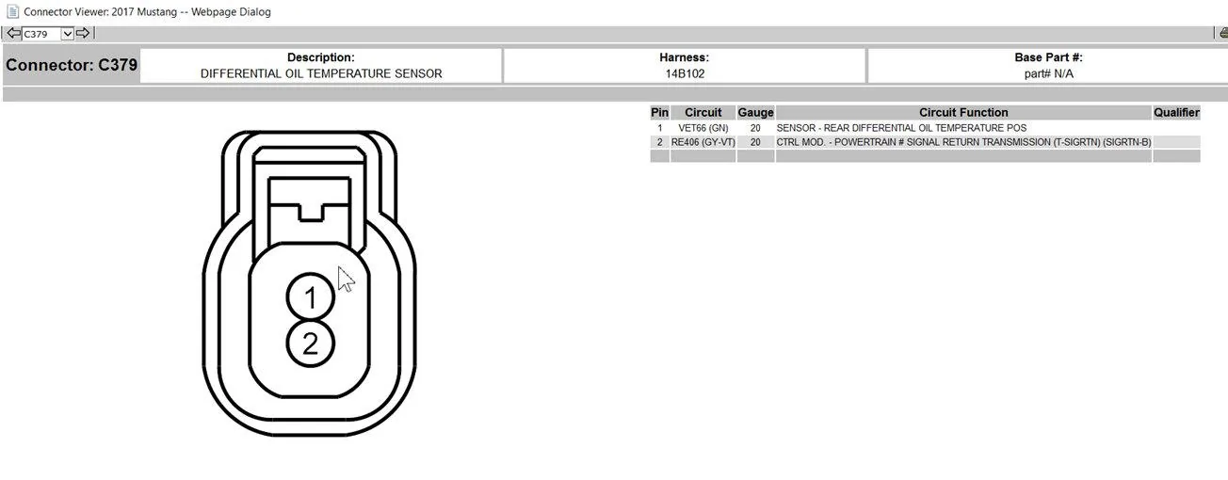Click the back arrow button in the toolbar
(x=13, y=34)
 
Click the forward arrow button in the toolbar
(x=83, y=34)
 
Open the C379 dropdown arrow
(x=67, y=34)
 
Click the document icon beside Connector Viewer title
(x=12, y=11)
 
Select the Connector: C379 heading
(x=72, y=65)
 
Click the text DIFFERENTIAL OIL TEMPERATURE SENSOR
(x=321, y=73)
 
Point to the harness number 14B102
(x=685, y=73)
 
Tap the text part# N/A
(x=1049, y=73)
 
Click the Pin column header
(x=659, y=112)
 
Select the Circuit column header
(x=703, y=112)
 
